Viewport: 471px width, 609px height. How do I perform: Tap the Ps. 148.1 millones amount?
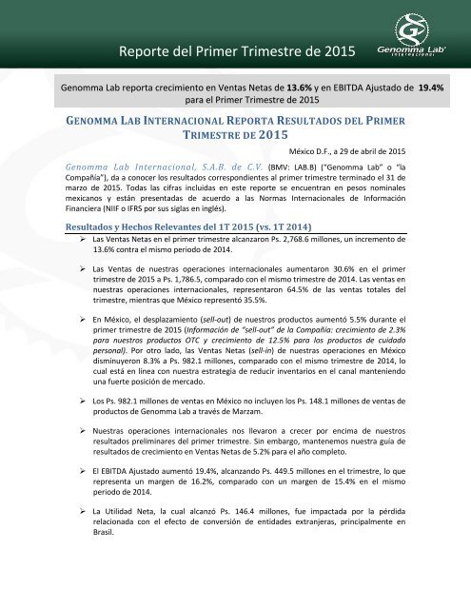click(x=340, y=442)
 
